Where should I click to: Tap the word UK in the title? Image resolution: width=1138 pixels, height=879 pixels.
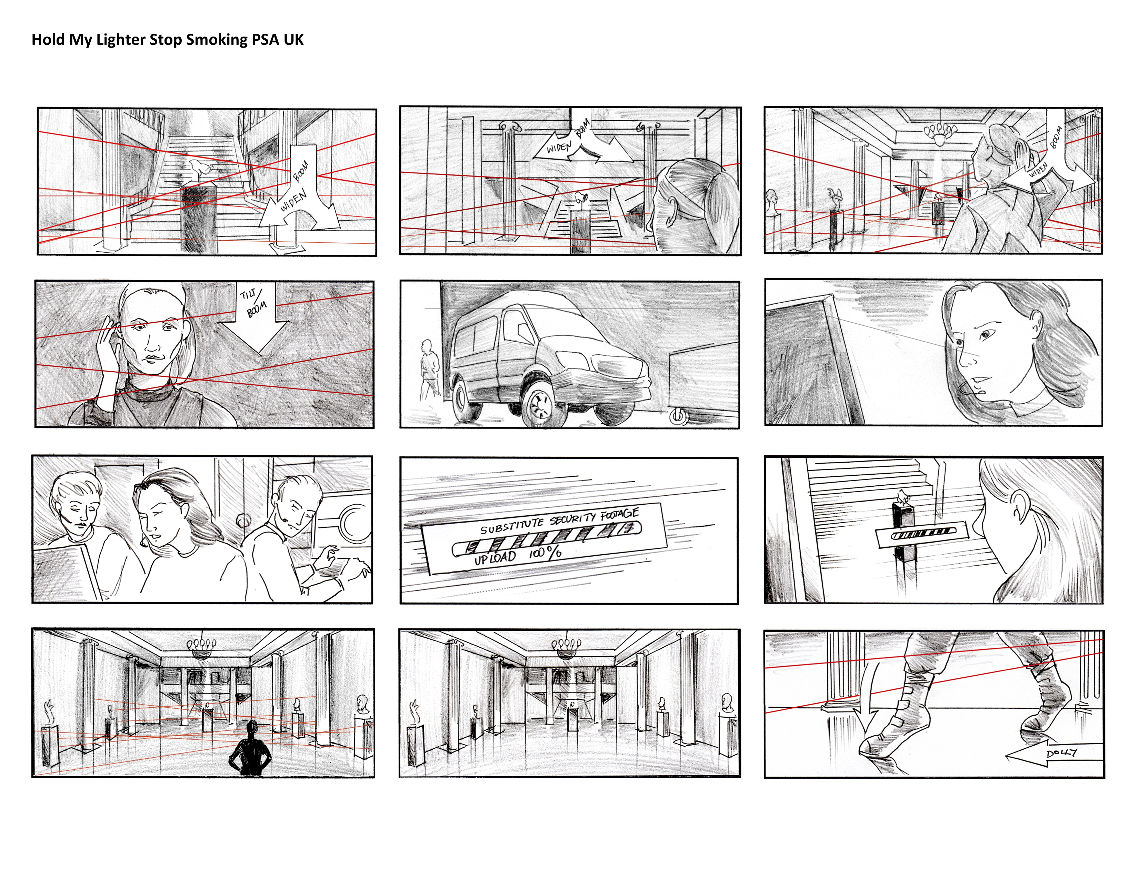coord(293,40)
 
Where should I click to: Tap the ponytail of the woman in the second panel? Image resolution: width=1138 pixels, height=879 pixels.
coord(722,193)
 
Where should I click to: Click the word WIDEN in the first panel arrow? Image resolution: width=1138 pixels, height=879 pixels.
coord(293,201)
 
